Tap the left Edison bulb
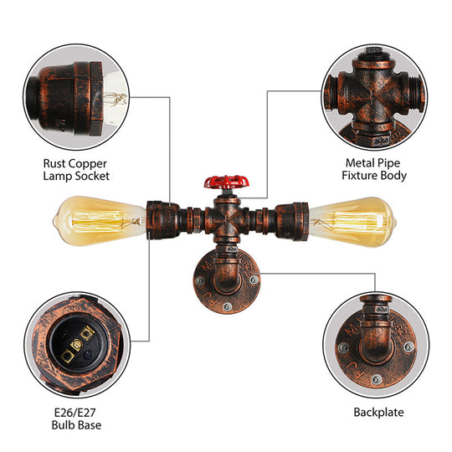[96, 218]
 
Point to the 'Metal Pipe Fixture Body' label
[375, 169]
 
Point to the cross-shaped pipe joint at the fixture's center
[223, 219]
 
